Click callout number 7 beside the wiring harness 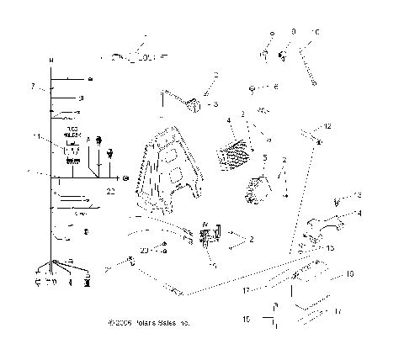click(32, 87)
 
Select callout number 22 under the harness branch click(110, 192)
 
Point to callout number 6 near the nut click(275, 87)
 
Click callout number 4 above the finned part click(228, 121)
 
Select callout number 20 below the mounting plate click(144, 250)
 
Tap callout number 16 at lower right click(349, 273)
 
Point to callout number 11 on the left click(34, 135)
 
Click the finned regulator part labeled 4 click(236, 154)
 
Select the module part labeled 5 click(256, 187)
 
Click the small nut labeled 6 click(252, 87)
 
